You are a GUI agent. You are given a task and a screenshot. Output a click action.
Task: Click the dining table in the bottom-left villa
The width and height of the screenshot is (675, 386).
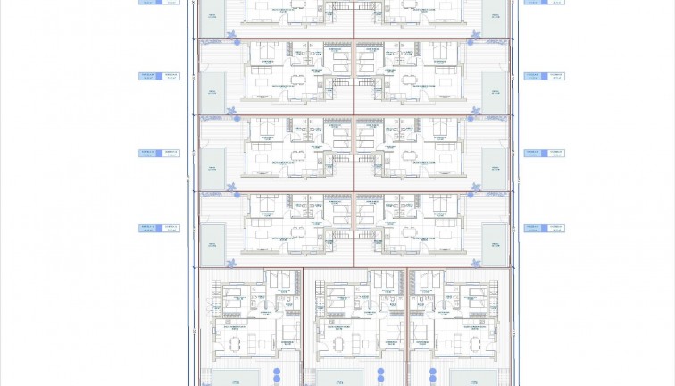[x=237, y=342]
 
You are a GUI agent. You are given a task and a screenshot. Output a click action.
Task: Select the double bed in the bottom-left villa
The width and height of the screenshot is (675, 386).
[x=235, y=301]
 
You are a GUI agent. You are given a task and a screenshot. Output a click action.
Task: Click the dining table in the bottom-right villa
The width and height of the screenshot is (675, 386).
[x=464, y=342]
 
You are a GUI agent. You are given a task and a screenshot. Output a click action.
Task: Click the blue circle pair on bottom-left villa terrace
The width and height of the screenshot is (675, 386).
[x=277, y=373]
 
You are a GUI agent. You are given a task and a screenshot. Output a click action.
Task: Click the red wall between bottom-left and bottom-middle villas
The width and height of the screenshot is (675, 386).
[x=303, y=326]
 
